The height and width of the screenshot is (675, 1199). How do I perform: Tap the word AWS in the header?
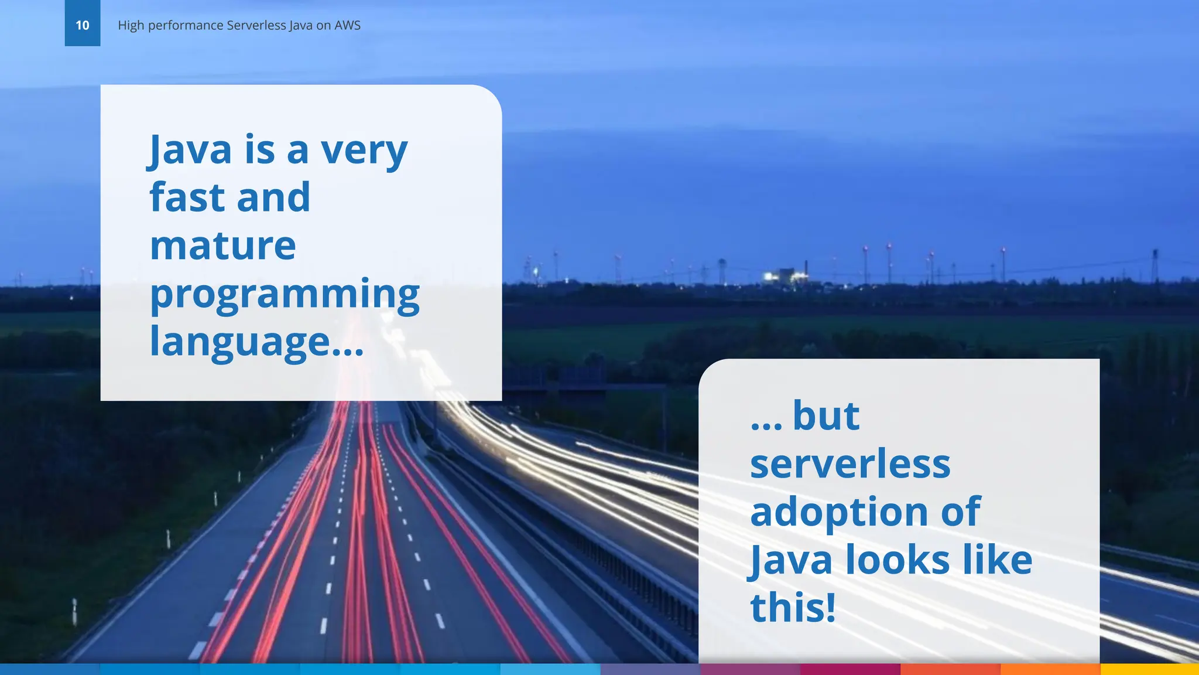(x=347, y=25)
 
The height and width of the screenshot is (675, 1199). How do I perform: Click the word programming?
(x=285, y=294)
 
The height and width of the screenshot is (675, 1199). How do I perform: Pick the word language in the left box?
(x=240, y=342)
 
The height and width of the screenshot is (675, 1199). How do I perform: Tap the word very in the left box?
(x=364, y=150)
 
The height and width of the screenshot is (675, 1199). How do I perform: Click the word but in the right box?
(x=825, y=416)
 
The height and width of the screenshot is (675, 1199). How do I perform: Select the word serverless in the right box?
(x=850, y=464)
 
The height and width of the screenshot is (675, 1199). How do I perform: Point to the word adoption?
(x=838, y=512)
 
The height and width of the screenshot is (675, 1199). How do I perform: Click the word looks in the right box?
(x=897, y=560)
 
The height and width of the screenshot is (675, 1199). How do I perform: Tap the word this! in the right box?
(x=793, y=608)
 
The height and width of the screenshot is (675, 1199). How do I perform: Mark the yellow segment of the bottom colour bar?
(x=1149, y=669)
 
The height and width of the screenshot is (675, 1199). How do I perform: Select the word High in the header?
(x=131, y=25)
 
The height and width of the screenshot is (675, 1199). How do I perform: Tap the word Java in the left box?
(x=191, y=150)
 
